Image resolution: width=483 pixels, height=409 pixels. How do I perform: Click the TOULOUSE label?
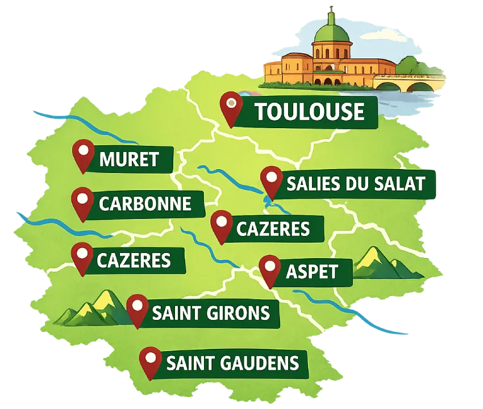click(x=309, y=112)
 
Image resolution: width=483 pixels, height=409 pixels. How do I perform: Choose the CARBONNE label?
click(x=145, y=203)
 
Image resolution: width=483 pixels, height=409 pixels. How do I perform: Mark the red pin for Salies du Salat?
click(x=272, y=180)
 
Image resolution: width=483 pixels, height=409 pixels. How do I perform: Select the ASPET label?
click(x=311, y=272)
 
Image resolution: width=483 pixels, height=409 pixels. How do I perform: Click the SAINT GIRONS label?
click(x=210, y=313)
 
